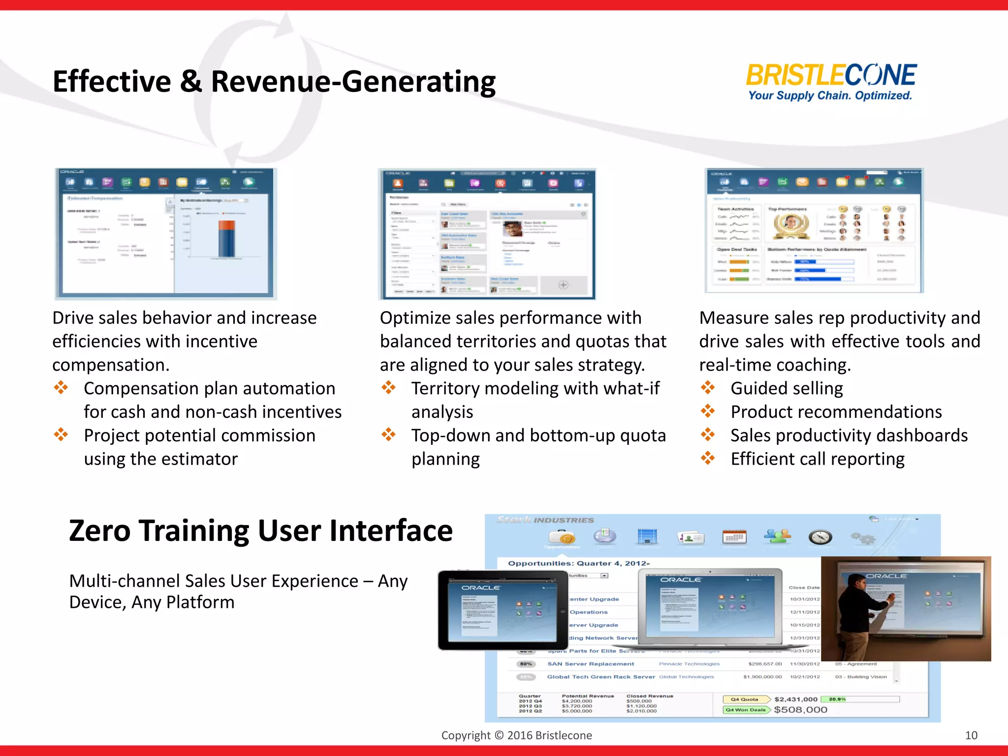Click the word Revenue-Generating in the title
(353, 82)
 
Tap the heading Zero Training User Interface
(260, 531)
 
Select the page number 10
(971, 735)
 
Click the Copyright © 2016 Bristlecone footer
(516, 735)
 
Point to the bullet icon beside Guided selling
(708, 388)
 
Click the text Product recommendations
(836, 412)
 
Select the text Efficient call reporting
(817, 459)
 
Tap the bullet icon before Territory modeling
(388, 388)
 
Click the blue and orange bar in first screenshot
(227, 239)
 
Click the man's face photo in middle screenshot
(512, 229)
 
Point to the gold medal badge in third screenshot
(791, 224)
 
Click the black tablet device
(503, 610)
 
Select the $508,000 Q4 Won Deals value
(800, 710)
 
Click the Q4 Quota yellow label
(745, 699)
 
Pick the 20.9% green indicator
(837, 699)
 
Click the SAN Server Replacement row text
(591, 664)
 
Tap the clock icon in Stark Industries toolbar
(820, 537)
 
